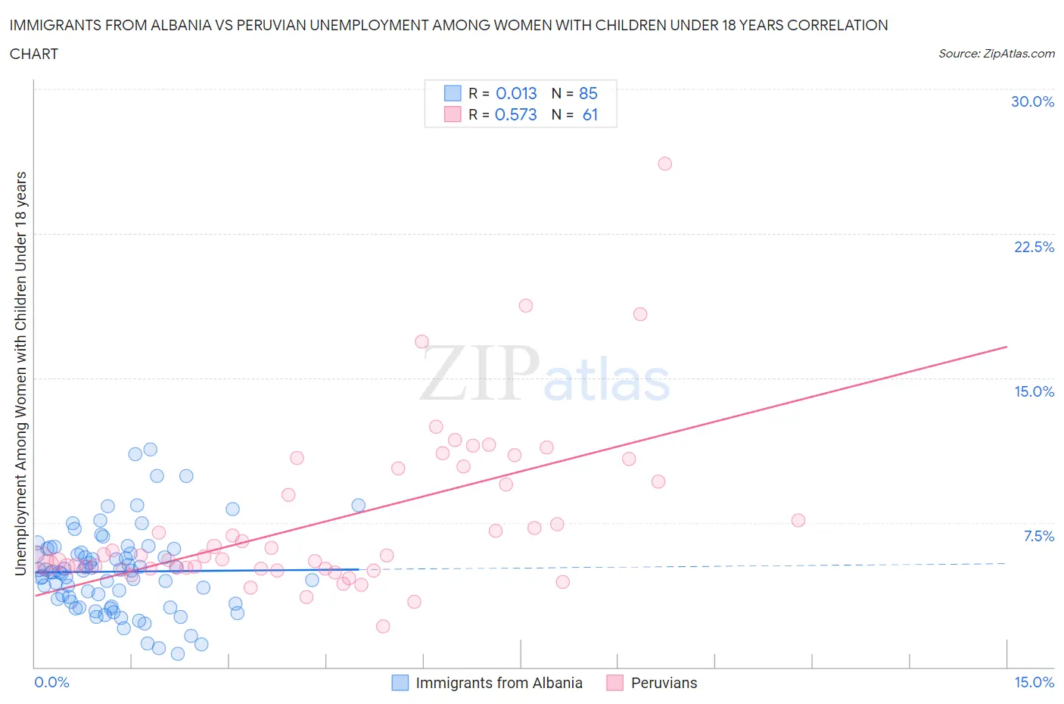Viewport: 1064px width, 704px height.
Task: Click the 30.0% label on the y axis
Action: (1032, 101)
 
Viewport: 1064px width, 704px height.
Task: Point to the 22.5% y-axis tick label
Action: (1034, 247)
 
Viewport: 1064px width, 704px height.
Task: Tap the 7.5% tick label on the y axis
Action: (1038, 536)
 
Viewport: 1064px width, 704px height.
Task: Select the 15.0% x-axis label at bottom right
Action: (1034, 682)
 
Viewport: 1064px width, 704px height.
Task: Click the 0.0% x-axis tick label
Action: (51, 682)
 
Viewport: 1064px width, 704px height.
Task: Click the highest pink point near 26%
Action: (664, 164)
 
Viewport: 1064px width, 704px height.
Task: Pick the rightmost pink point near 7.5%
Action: (798, 520)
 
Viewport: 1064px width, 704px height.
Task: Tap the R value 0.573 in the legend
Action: (515, 114)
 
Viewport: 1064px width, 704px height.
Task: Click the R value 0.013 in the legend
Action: (516, 93)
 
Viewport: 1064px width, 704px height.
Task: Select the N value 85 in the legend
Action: (588, 93)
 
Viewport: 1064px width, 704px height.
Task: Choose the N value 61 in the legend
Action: (590, 114)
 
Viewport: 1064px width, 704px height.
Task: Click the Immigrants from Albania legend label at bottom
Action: (499, 683)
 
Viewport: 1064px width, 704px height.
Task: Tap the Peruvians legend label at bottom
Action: (664, 683)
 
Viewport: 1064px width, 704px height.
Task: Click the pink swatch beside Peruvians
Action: (614, 683)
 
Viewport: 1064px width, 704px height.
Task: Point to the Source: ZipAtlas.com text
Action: (996, 53)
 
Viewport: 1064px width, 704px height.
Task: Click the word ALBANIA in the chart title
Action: (182, 25)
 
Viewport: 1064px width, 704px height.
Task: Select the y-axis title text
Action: (20, 373)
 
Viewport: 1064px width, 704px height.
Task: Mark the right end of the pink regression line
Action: (1006, 347)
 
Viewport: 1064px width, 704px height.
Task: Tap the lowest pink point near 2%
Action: (383, 626)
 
